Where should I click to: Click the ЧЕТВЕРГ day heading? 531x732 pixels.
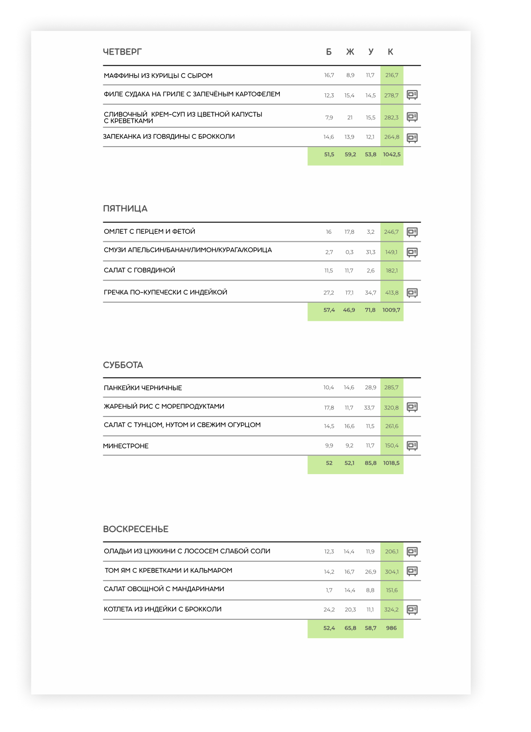click(x=122, y=52)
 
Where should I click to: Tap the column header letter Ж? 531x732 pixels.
click(x=350, y=52)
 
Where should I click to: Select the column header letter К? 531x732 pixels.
click(x=390, y=52)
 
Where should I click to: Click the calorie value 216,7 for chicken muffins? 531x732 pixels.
click(x=392, y=75)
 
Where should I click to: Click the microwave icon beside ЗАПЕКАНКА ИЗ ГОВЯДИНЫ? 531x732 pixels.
click(x=412, y=138)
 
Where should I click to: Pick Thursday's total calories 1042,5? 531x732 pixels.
click(x=392, y=155)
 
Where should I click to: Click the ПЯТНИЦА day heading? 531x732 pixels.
click(x=125, y=209)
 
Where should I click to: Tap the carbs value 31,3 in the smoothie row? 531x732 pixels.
click(x=371, y=252)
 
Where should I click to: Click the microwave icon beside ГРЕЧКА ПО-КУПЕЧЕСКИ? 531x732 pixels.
click(x=412, y=293)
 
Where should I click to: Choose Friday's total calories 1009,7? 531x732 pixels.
click(x=391, y=310)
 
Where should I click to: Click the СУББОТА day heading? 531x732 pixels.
click(x=123, y=365)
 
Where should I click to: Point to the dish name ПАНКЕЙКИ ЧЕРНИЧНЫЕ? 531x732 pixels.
click(x=143, y=388)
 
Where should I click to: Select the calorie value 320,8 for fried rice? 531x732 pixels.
click(x=391, y=408)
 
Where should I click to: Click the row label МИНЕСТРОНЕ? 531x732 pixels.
click(x=126, y=446)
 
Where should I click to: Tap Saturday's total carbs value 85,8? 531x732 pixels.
click(x=371, y=463)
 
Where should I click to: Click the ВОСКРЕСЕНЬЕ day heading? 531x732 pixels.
click(x=135, y=529)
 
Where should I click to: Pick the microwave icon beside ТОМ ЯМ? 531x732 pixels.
click(x=412, y=571)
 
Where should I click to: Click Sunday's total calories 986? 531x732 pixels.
click(x=391, y=628)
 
